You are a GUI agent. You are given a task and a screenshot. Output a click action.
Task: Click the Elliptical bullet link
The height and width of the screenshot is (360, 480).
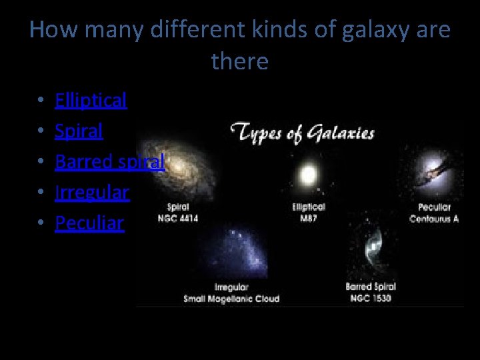pos(91,100)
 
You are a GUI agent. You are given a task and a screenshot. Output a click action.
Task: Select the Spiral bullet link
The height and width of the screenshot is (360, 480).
pos(79,131)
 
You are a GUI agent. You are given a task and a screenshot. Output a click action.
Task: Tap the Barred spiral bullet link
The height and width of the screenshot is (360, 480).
pos(109,161)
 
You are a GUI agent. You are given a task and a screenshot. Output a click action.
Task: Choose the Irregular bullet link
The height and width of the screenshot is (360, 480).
pos(92,192)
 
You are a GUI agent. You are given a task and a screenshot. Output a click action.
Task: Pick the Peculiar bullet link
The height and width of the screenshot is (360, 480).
pos(89,223)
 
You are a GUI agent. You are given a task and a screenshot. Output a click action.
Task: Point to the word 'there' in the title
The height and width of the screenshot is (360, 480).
pos(240,61)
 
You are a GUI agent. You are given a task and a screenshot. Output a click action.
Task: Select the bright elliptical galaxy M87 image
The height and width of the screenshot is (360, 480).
pos(309,175)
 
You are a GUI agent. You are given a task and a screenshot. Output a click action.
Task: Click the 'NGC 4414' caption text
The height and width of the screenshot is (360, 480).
pos(178,218)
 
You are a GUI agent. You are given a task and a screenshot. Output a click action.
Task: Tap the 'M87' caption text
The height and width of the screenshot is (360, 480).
pos(309,218)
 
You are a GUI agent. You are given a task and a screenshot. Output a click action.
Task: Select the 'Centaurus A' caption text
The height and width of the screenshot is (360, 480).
pos(434,218)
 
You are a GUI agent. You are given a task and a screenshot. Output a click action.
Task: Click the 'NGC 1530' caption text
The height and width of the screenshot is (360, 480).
pos(371,297)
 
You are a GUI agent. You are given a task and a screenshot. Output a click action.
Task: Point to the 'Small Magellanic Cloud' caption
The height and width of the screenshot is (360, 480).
pos(231,298)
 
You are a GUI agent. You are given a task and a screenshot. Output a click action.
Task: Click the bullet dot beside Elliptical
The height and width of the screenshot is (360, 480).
pos(41,101)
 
